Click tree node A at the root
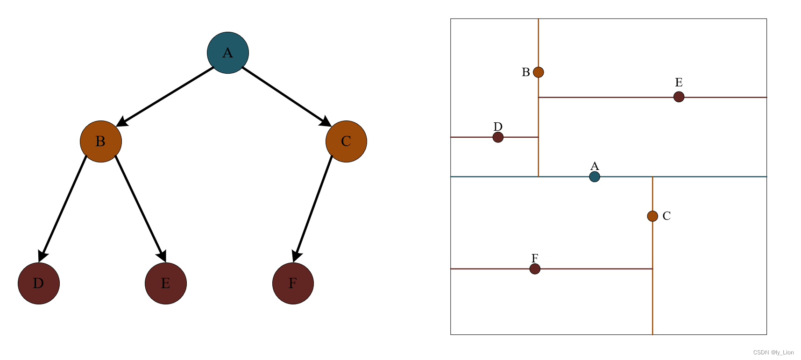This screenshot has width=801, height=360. point(228,53)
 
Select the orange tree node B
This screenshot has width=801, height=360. point(101,141)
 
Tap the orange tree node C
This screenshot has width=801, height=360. point(346,141)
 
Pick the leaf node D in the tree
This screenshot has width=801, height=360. point(39,283)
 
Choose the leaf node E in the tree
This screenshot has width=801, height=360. point(166,283)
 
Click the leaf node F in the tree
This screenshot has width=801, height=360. point(293,283)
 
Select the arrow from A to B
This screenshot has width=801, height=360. point(166,97)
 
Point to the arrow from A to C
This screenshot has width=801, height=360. point(286,97)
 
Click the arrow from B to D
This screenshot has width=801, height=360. point(64,208)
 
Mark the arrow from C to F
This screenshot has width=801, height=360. point(313,208)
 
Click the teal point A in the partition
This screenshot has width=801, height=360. point(595,176)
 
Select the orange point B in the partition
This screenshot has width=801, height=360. point(539,72)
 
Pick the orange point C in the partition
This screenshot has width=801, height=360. point(652,216)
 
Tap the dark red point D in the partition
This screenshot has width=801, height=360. point(498,137)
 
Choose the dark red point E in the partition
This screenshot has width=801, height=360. point(679,97)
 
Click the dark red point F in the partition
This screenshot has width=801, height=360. point(535,269)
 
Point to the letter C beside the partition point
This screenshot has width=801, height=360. point(666,216)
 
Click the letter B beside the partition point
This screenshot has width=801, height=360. point(526,72)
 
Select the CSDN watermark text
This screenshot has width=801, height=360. point(773,353)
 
